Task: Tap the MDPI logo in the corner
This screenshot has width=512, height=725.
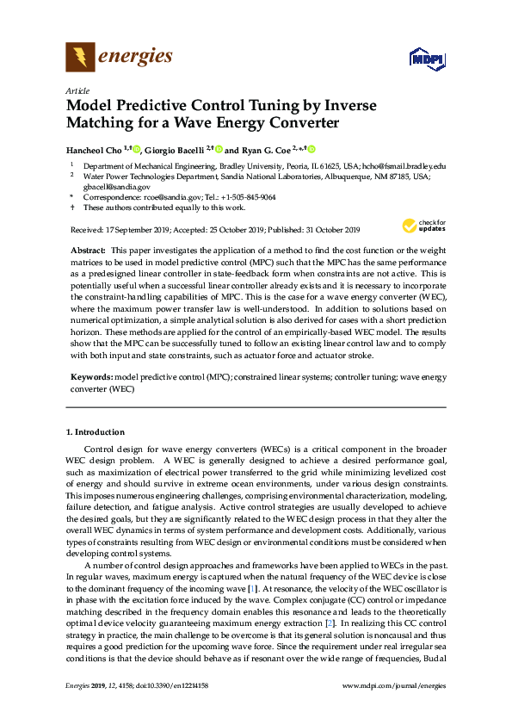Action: [x=426, y=59]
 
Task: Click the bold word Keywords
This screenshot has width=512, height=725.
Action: [x=89, y=377]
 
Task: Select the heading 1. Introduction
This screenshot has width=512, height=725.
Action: [x=96, y=431]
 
